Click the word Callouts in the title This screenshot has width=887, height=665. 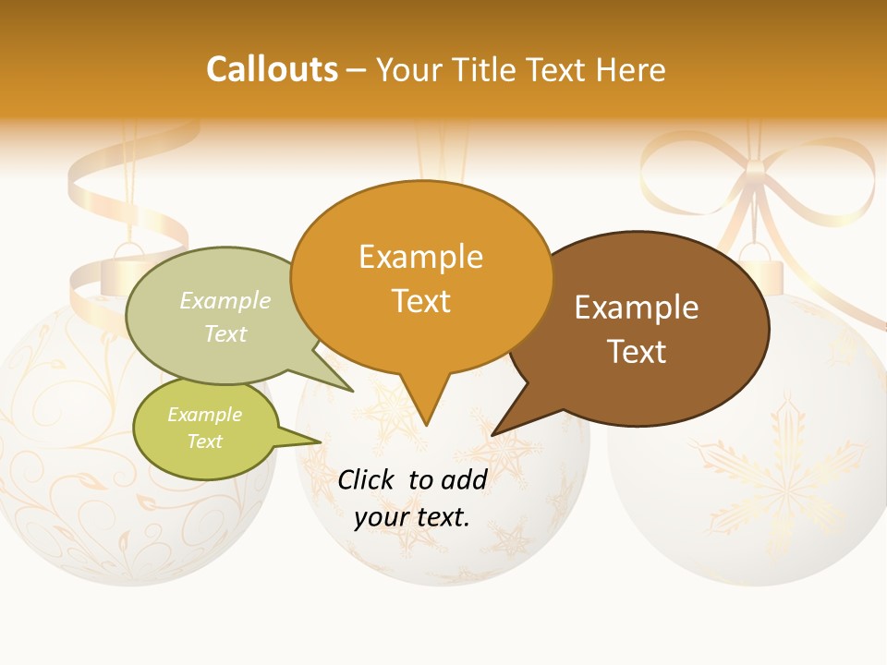272,69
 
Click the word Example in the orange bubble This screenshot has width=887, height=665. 420,257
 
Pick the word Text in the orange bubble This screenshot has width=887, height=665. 420,301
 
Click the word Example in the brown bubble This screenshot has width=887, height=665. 637,308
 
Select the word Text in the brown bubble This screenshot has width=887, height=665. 637,352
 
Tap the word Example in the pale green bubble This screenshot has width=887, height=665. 225,300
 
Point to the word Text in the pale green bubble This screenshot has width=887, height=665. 225,333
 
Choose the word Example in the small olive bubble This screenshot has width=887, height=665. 204,415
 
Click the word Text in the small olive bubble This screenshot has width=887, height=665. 204,441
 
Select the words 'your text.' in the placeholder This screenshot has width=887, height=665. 412,518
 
